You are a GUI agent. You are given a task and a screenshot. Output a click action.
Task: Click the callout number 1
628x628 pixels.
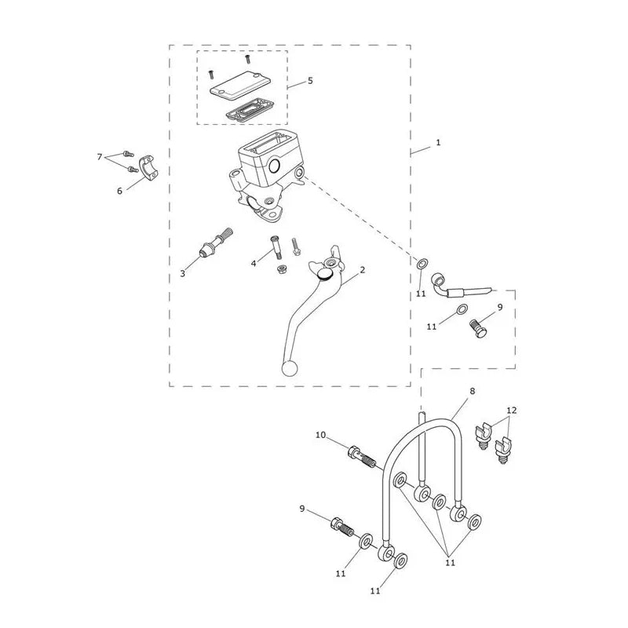click(438, 142)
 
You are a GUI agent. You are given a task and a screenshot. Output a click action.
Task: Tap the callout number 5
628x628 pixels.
click(310, 81)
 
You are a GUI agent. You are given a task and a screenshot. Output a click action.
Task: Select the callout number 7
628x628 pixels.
click(100, 156)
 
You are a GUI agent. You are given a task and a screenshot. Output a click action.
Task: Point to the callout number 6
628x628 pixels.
click(119, 191)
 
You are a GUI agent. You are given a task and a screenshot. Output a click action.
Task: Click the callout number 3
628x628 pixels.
click(183, 273)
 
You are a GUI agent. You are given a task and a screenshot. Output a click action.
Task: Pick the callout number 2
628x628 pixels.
click(363, 270)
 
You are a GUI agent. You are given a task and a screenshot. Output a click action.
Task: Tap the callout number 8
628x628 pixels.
click(473, 391)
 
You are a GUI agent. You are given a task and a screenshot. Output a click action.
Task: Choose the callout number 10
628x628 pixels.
click(320, 435)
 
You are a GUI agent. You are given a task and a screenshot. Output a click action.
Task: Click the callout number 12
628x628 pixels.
click(512, 410)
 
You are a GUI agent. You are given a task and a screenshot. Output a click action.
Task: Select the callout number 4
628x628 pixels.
click(254, 264)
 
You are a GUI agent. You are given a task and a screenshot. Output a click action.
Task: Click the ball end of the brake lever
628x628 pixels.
click(290, 368)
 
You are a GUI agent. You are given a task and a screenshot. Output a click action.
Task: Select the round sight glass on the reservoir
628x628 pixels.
click(276, 166)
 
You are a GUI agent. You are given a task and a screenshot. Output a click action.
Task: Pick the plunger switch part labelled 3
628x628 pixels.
click(215, 243)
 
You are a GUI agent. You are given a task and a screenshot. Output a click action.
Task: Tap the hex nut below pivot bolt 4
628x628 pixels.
click(283, 268)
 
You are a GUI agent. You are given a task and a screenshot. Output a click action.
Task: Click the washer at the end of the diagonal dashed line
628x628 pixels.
click(422, 264)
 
